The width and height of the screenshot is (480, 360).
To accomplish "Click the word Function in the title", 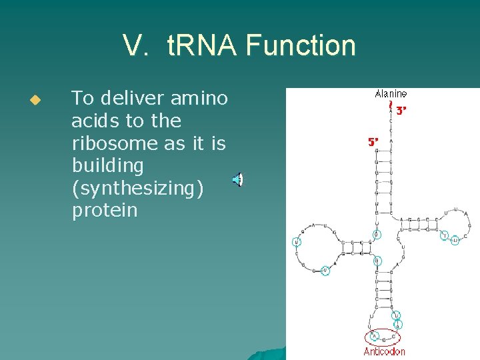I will [301, 46].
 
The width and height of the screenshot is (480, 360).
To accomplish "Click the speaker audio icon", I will [237, 179].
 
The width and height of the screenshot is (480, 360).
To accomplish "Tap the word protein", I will [105, 211].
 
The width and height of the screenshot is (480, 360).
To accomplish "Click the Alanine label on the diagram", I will [391, 95].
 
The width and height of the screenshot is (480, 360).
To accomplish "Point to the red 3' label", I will [401, 111].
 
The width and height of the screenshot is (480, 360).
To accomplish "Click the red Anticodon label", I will [384, 351].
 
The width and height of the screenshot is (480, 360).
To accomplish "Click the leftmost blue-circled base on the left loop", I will [297, 241].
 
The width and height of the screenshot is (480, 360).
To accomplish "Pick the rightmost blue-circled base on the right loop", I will [455, 240].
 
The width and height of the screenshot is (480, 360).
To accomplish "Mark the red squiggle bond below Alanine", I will [391, 105].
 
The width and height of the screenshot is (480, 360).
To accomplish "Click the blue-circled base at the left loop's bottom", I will [325, 271].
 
